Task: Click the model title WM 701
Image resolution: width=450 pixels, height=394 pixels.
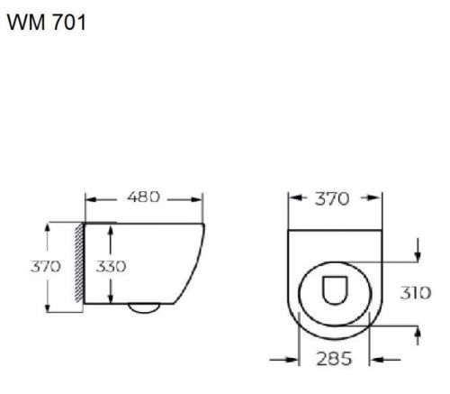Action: point(47,23)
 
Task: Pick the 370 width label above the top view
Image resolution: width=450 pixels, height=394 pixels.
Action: point(331,199)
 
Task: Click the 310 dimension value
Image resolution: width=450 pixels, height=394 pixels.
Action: point(416,294)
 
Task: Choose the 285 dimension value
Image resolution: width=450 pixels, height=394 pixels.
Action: point(335,359)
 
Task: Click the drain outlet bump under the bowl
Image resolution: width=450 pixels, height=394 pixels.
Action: point(142,308)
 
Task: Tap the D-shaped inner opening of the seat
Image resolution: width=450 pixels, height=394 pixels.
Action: point(333,291)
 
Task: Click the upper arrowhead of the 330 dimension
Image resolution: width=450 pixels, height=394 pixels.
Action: point(110,228)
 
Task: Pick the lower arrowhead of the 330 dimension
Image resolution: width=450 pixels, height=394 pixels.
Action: point(110,300)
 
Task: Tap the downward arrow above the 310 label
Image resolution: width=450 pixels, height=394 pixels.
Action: point(417,256)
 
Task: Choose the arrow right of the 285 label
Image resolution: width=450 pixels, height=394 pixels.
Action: point(377,359)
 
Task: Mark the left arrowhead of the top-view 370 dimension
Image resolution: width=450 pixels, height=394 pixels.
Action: point(292,199)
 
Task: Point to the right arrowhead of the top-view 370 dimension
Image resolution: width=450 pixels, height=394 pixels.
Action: point(373,199)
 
